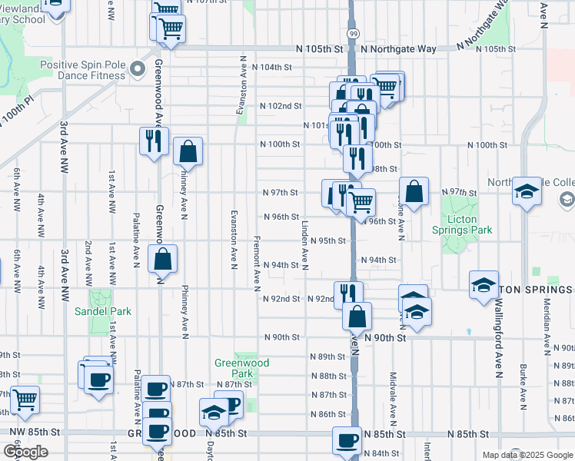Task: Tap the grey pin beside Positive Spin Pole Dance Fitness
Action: click(138, 70)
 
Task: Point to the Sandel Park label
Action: click(102, 311)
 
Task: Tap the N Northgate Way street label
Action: click(397, 49)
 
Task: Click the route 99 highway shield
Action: click(352, 34)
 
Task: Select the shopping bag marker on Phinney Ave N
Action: click(188, 153)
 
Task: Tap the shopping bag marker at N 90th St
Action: click(357, 317)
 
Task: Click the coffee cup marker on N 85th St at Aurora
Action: click(347, 442)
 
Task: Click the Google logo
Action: click(25, 452)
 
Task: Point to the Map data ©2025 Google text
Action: click(527, 455)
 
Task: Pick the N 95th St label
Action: click(329, 240)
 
